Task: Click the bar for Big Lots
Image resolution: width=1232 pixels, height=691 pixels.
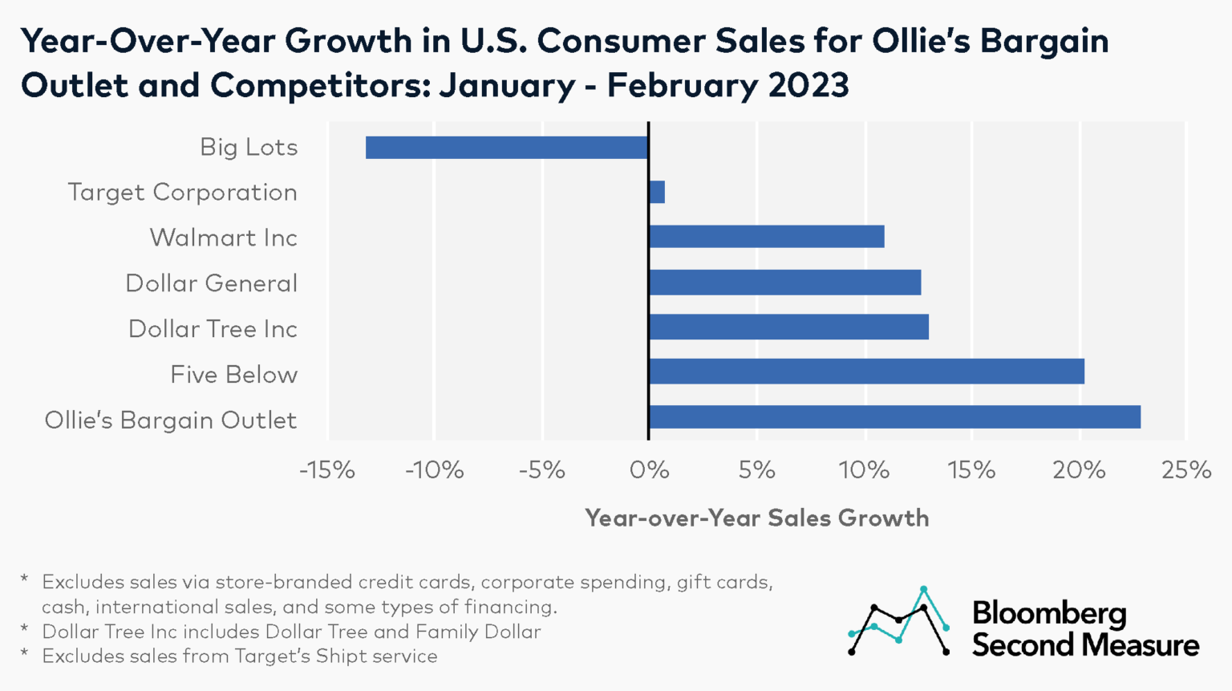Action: pyautogui.click(x=507, y=148)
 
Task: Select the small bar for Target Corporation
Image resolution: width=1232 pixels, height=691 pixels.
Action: pyautogui.click(x=657, y=193)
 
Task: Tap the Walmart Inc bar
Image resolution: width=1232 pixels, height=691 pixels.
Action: pyautogui.click(x=767, y=237)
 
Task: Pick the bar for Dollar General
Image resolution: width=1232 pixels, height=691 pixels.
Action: pyautogui.click(x=785, y=282)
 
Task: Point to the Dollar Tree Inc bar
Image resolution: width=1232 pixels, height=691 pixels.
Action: pyautogui.click(x=789, y=327)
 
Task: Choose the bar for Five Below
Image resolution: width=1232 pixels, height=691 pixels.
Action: pyautogui.click(x=867, y=372)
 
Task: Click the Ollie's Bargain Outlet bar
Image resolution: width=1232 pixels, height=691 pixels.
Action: pyautogui.click(x=895, y=417)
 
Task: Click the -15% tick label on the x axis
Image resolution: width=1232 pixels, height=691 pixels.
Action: pyautogui.click(x=327, y=470)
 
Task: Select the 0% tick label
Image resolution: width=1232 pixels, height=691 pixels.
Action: pyautogui.click(x=649, y=470)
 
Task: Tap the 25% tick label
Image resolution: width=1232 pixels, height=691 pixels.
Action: pyautogui.click(x=1186, y=470)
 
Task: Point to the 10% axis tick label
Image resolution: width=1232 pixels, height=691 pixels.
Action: pyautogui.click(x=864, y=470)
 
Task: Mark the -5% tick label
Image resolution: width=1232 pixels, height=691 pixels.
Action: pyautogui.click(x=542, y=470)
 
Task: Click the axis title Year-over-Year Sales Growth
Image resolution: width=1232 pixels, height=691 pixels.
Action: pyautogui.click(x=756, y=518)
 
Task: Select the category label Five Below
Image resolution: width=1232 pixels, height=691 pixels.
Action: pyautogui.click(x=233, y=375)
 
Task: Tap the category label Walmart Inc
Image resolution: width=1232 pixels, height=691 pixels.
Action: pyautogui.click(x=223, y=238)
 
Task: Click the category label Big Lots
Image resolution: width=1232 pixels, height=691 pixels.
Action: pyautogui.click(x=249, y=148)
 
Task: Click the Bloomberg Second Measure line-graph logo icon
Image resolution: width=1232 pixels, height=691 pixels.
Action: pyautogui.click(x=899, y=622)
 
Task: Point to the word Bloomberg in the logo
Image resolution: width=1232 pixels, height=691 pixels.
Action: pyautogui.click(x=1049, y=614)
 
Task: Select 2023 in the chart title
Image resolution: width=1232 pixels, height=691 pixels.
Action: pyautogui.click(x=808, y=85)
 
